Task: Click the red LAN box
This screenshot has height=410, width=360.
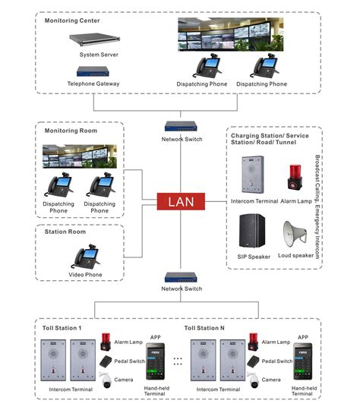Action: (x=180, y=202)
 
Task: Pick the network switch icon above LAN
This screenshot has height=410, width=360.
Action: (x=181, y=127)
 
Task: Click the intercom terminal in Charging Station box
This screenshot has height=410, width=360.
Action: (x=252, y=174)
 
